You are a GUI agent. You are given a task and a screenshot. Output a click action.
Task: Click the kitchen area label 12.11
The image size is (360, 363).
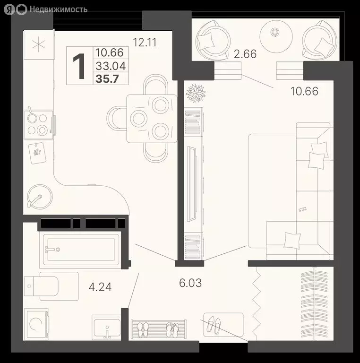[145, 43]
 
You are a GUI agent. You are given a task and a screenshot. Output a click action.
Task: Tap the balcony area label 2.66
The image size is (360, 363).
[245, 54]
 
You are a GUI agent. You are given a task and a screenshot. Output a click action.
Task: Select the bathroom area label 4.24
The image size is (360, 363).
[100, 286]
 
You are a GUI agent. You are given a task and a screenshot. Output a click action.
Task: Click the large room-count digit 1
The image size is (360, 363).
[78, 66]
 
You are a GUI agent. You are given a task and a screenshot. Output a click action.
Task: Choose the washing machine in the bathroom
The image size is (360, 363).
[36, 324]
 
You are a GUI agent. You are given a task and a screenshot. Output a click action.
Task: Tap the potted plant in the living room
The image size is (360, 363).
[195, 93]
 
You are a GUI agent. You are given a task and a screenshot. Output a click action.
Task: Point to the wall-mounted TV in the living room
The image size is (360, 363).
[192, 182]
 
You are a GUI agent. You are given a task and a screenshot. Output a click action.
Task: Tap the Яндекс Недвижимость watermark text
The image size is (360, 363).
[52, 9]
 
